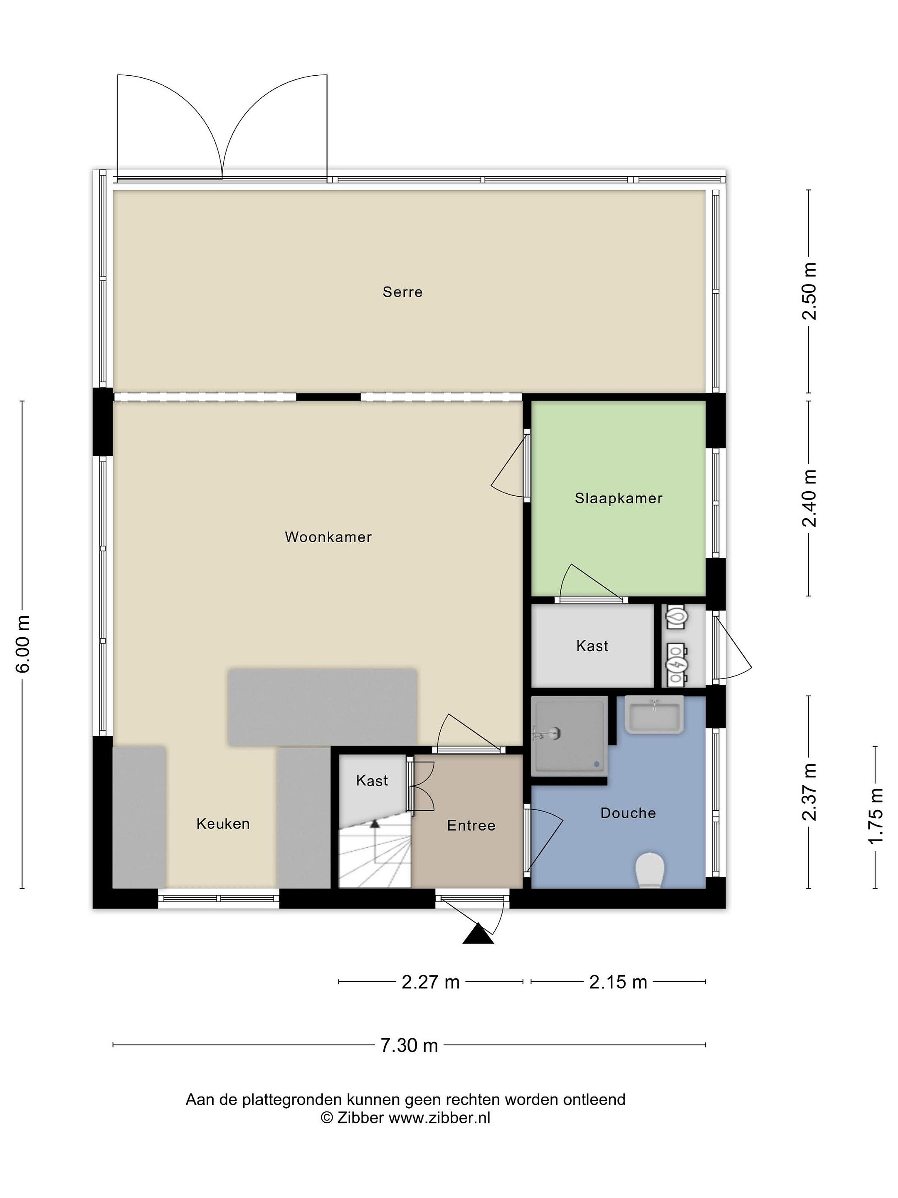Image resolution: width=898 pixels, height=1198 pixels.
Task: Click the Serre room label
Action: point(402,292)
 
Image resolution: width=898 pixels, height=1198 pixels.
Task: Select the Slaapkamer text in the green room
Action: point(618,498)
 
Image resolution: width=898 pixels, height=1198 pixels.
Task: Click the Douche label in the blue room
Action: point(628,812)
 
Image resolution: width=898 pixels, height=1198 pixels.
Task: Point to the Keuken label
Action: point(223,824)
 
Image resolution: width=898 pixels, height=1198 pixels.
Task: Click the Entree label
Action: point(471,825)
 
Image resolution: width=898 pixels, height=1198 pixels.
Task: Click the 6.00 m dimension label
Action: point(23,644)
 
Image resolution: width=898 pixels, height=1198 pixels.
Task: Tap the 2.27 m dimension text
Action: point(430,981)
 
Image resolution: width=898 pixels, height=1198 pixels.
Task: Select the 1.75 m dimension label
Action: point(875,817)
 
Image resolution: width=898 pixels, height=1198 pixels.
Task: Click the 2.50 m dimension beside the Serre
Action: point(809,291)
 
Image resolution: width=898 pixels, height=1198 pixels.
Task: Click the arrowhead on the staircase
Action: point(375,824)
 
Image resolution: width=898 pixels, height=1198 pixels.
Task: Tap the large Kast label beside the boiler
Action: point(592,646)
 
